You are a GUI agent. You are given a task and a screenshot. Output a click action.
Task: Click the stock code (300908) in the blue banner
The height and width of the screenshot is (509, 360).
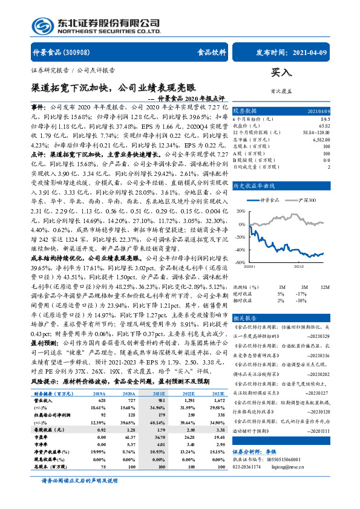[82, 53]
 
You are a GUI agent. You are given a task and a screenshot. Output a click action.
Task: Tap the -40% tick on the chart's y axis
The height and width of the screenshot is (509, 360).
[240, 250]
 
